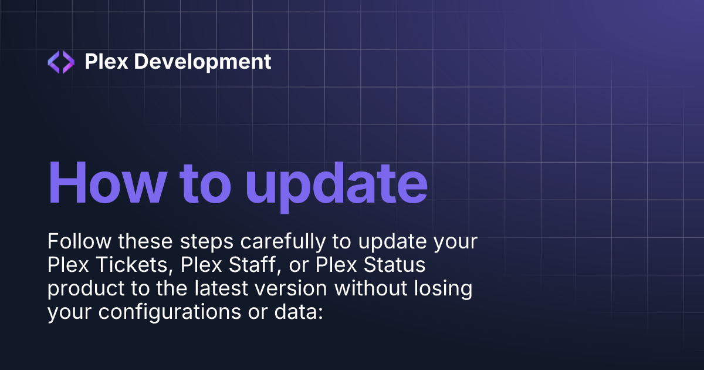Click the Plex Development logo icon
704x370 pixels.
point(61,62)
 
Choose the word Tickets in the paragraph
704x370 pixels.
point(129,265)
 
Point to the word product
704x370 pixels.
point(83,290)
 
